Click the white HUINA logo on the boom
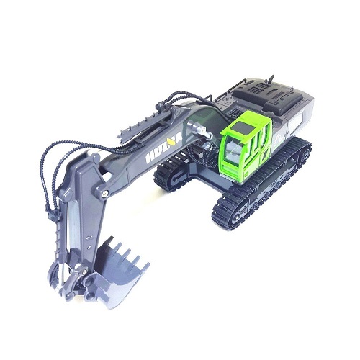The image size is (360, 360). [164, 148]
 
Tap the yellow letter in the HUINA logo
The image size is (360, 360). [172, 143]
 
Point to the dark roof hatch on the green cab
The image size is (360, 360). [245, 127]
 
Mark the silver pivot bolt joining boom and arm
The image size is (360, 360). [105, 194]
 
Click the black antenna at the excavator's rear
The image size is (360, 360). [271, 79]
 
